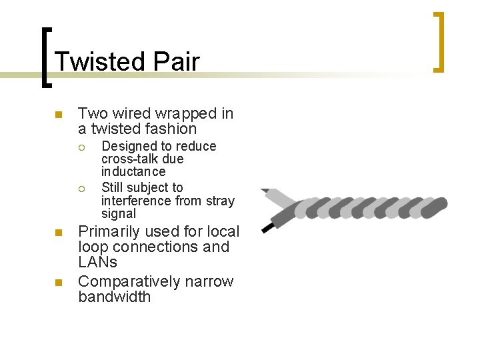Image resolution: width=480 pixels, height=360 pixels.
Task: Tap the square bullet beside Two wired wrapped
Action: pos(58,115)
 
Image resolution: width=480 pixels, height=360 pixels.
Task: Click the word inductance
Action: pos(133,172)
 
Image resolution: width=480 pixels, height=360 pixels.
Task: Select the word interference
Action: pos(137,201)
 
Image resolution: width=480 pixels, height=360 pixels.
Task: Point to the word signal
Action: pos(119,214)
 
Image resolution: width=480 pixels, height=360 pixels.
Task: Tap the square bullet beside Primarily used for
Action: pos(58,233)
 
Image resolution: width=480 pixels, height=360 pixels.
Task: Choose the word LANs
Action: pos(97,263)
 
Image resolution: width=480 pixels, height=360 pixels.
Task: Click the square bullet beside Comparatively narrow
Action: pos(58,283)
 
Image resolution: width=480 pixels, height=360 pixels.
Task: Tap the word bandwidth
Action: pos(115,297)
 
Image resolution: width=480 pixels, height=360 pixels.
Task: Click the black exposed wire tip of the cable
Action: pos(268,227)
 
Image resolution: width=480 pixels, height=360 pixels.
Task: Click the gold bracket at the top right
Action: pos(438,41)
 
